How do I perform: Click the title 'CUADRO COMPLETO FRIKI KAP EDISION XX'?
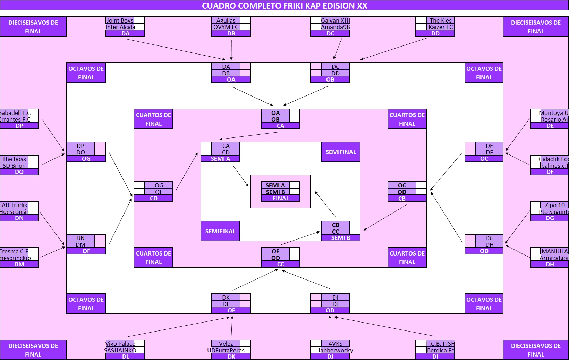(284, 6)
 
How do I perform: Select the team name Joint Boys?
(120, 20)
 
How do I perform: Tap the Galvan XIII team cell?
(335, 20)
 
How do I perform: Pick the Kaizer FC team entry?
(440, 27)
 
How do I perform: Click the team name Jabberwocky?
(335, 350)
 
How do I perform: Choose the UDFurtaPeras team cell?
(226, 350)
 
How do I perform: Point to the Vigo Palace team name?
(120, 344)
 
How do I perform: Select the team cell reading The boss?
(14, 159)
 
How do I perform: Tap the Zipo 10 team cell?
(554, 205)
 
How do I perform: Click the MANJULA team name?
(554, 251)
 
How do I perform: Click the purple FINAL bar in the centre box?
(280, 199)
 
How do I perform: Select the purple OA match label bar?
(231, 80)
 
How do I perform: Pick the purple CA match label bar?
(280, 126)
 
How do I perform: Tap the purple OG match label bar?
(86, 159)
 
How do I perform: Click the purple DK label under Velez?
(231, 357)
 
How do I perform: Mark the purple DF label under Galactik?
(550, 172)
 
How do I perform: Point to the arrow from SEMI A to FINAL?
(241, 176)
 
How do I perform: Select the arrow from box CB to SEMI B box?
(385, 217)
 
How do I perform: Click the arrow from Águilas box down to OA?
(231, 50)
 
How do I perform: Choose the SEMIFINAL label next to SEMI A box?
(340, 152)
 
